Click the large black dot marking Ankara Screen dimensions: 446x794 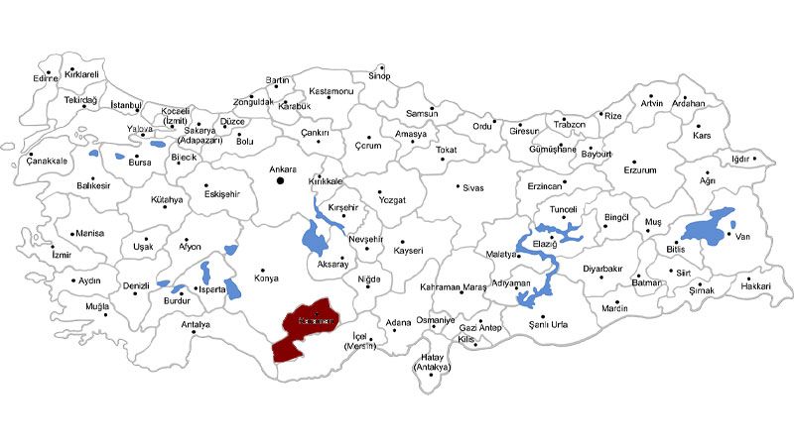point(281,180)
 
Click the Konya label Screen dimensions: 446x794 point(267,279)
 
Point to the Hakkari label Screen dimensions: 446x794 point(756,286)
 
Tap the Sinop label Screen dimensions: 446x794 point(380,75)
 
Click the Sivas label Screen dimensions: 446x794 point(471,187)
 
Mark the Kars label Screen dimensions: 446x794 point(703,136)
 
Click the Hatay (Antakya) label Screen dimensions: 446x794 point(432,363)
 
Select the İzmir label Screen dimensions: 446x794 point(62,255)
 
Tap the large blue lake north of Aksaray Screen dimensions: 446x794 point(315,238)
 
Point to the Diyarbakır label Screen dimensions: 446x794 point(602,269)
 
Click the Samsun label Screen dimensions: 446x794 point(422,114)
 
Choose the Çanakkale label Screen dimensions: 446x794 point(47,161)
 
